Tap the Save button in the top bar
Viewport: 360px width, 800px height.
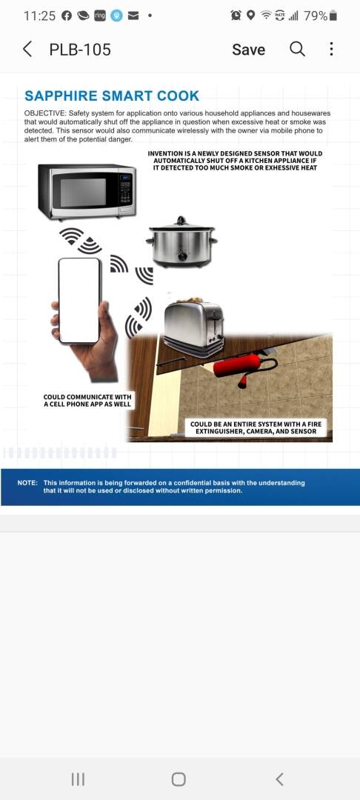pyautogui.click(x=248, y=50)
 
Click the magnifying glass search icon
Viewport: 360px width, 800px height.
pyautogui.click(x=297, y=49)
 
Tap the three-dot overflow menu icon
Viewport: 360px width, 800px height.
pyautogui.click(x=331, y=49)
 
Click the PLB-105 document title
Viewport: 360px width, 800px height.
pyautogui.click(x=80, y=50)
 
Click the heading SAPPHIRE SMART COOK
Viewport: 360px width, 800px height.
pyautogui.click(x=112, y=96)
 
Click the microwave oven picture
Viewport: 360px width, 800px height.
pyautogui.click(x=87, y=191)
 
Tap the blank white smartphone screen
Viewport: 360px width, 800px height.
pyautogui.click(x=79, y=300)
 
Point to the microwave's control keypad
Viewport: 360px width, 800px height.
pyautogui.click(x=125, y=190)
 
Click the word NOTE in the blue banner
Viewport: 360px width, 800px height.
pyautogui.click(x=27, y=483)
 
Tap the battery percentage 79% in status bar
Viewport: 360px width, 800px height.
pyautogui.click(x=316, y=16)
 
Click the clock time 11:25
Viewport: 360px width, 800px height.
pyautogui.click(x=39, y=16)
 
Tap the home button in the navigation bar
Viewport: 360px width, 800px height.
pyautogui.click(x=179, y=779)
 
